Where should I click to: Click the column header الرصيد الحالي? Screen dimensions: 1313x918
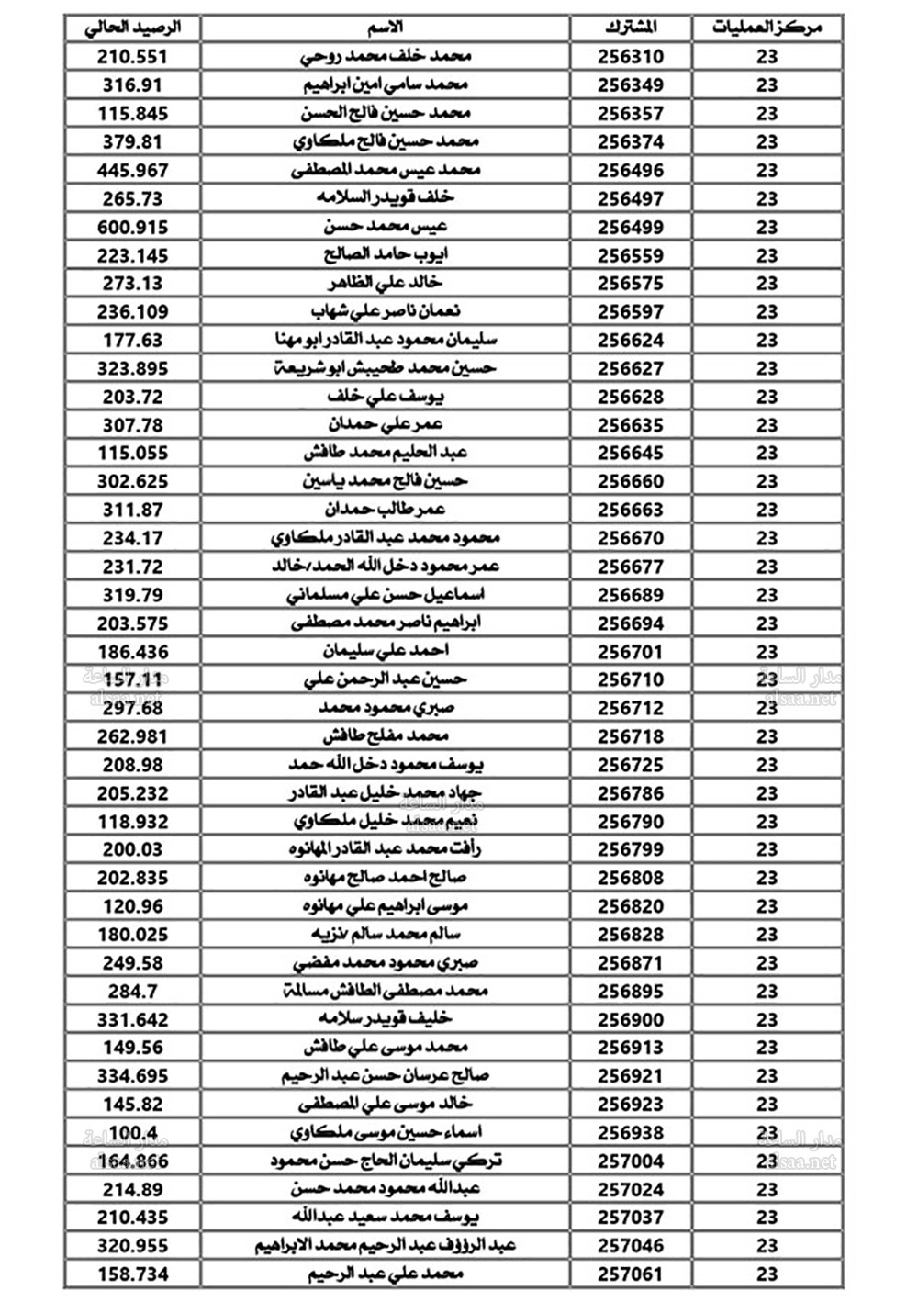(x=133, y=28)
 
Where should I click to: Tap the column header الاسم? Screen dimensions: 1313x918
(x=386, y=28)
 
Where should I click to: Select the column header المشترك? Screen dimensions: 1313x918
(x=631, y=28)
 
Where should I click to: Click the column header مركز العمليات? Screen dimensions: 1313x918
(x=767, y=28)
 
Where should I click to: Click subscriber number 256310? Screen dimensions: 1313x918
(x=631, y=57)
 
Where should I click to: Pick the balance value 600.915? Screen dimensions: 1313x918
(x=133, y=227)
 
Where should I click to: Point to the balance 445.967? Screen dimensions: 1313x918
(x=133, y=171)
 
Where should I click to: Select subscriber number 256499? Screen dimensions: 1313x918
(x=631, y=227)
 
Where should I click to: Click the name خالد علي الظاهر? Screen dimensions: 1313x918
(x=386, y=283)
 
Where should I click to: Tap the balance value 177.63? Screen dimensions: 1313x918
(x=133, y=340)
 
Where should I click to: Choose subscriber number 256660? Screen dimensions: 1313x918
(x=631, y=481)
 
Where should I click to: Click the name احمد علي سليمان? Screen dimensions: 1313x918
(x=386, y=651)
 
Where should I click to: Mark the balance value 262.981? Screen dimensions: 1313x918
(x=133, y=736)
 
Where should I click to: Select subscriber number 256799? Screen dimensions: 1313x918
(x=631, y=849)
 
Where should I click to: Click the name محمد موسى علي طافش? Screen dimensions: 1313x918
(x=386, y=1047)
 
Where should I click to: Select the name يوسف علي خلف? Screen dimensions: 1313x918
(x=386, y=397)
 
